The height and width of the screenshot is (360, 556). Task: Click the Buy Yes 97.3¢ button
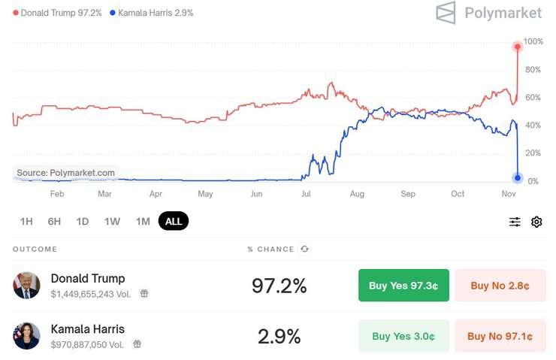pyautogui.click(x=403, y=286)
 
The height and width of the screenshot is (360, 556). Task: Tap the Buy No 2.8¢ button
pyautogui.click(x=500, y=286)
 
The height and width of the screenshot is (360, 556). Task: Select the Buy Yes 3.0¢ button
pyautogui.click(x=403, y=336)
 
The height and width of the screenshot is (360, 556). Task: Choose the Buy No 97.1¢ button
pyautogui.click(x=500, y=336)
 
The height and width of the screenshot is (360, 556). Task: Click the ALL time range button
pyautogui.click(x=174, y=221)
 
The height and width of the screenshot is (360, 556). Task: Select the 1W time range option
pyautogui.click(x=112, y=221)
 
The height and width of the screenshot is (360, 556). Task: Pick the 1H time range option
pyautogui.click(x=26, y=221)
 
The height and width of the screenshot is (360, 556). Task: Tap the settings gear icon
pyautogui.click(x=536, y=222)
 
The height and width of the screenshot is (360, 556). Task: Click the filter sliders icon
pyautogui.click(x=515, y=222)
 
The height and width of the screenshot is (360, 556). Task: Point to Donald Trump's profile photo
pyautogui.click(x=26, y=286)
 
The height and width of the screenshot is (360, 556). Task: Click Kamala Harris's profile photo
pyautogui.click(x=26, y=335)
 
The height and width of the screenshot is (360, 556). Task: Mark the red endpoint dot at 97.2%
pyautogui.click(x=518, y=47)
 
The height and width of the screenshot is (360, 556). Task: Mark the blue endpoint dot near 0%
pyautogui.click(x=518, y=178)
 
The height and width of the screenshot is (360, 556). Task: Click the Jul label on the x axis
pyautogui.click(x=306, y=194)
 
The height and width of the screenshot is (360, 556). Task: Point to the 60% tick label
pyautogui.click(x=533, y=98)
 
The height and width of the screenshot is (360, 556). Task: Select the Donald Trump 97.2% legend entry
pyautogui.click(x=58, y=14)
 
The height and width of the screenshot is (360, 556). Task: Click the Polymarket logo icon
pyautogui.click(x=446, y=13)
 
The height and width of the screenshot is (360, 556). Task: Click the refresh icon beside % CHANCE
pyautogui.click(x=304, y=249)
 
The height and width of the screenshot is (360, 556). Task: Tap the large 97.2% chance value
pyautogui.click(x=279, y=286)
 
